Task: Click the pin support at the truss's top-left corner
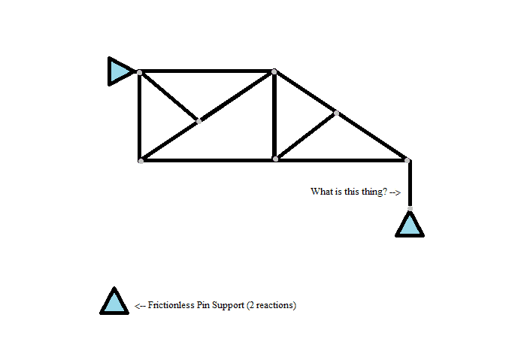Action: [119, 71]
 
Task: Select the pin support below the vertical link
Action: [410, 225]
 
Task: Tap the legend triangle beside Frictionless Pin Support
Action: [114, 302]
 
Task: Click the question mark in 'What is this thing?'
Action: [385, 192]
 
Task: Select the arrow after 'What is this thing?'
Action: [395, 192]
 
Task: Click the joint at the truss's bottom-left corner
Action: [141, 160]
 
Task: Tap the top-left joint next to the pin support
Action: [140, 72]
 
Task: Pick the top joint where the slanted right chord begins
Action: [274, 72]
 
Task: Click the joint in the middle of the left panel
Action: [198, 120]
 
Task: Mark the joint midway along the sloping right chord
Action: [336, 113]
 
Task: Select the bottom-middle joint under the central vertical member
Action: [275, 159]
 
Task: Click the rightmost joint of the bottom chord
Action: [407, 160]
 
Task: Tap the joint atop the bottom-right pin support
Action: [410, 209]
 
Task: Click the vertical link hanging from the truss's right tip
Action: [410, 184]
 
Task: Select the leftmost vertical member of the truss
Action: [140, 116]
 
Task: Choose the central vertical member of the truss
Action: [274, 116]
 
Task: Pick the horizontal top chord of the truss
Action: [207, 72]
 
